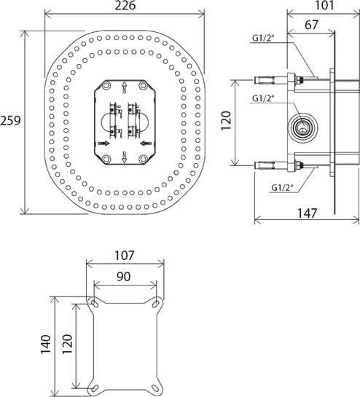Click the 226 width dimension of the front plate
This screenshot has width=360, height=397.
[124, 7]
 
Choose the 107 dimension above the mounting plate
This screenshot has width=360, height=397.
[124, 257]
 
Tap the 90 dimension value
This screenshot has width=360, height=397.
[124, 277]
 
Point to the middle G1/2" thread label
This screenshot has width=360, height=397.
[262, 98]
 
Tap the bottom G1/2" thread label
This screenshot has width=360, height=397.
[281, 187]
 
